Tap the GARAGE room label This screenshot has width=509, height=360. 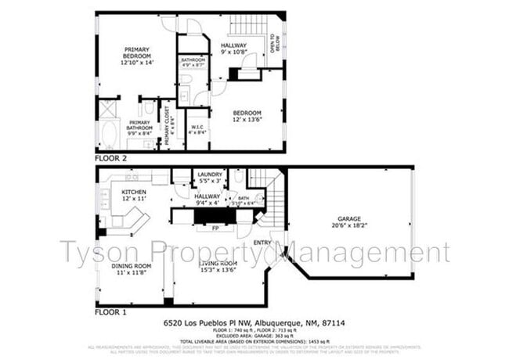click(x=348, y=218)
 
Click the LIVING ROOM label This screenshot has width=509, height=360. click(x=217, y=265)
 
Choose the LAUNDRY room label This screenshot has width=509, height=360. click(x=210, y=175)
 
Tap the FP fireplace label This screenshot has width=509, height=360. click(x=215, y=229)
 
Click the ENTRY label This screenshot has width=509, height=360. click(x=262, y=243)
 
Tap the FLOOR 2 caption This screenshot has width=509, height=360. click(x=111, y=157)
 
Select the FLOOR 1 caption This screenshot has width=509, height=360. click(x=111, y=311)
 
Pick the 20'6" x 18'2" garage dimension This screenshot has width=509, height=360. click(x=348, y=226)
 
